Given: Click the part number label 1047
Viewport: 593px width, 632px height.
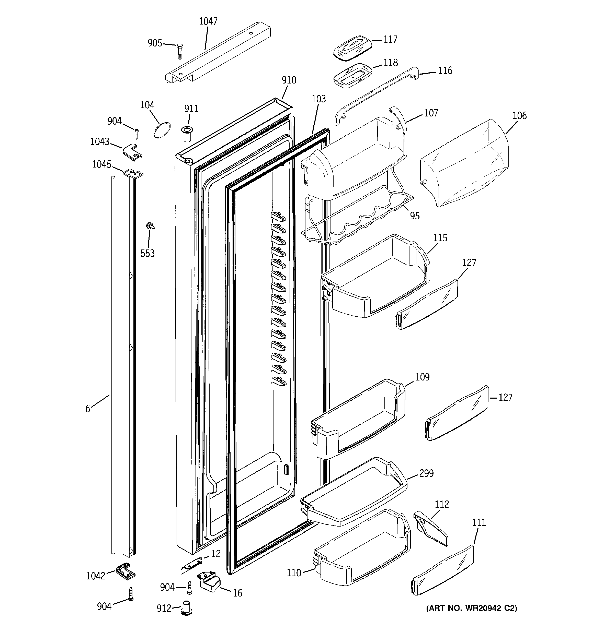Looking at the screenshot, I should (x=208, y=21).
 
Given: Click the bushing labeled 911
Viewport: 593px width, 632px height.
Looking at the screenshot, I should (x=187, y=134).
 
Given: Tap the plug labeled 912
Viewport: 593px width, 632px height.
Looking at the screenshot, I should (x=187, y=607).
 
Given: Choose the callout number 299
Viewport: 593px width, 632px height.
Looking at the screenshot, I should (x=426, y=473).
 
